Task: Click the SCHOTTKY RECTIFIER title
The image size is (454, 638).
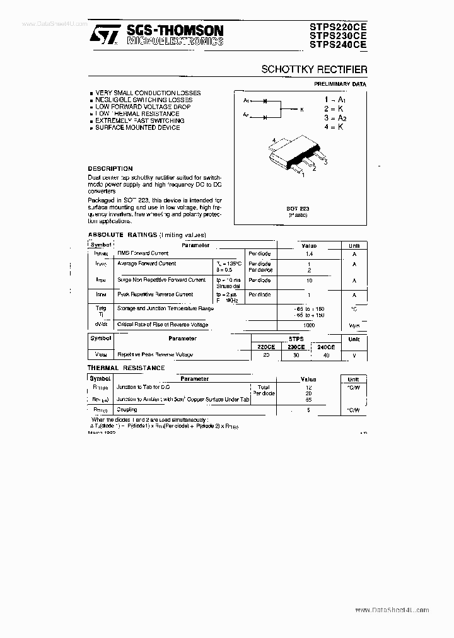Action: (314, 69)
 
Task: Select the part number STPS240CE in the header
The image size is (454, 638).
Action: (337, 45)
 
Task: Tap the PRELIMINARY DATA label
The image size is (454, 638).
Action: (340, 84)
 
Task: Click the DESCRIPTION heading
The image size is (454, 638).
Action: (110, 169)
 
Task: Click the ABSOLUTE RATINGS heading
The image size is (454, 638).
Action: (122, 235)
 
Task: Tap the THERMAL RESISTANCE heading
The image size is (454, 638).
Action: (126, 368)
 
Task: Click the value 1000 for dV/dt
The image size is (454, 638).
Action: (309, 325)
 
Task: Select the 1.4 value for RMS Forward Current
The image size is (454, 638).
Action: (309, 253)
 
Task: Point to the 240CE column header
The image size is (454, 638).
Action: (327, 347)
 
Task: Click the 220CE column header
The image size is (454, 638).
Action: (265, 347)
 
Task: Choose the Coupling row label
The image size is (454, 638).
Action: (127, 410)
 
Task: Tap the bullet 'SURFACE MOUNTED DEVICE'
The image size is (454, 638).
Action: (137, 127)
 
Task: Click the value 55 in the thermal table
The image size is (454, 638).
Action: (309, 400)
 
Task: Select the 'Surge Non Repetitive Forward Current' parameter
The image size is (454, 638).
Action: (161, 279)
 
